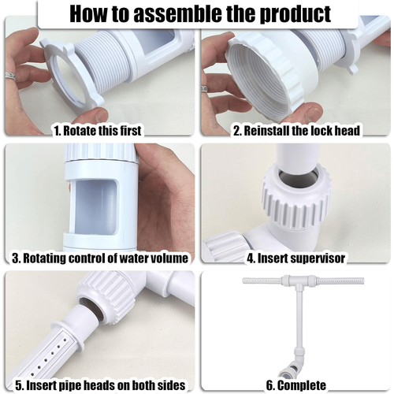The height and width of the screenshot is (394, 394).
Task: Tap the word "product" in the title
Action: coord(295,14)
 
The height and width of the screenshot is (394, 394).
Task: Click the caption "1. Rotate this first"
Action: coord(98,131)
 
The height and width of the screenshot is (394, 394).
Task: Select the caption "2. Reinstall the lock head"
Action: coord(296,131)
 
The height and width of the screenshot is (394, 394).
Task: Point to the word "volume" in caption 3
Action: coord(169,258)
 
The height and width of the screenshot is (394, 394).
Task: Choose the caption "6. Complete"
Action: coord(296,385)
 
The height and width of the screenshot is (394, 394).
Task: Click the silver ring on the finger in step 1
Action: coord(10,76)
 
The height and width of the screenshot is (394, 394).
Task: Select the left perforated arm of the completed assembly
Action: coord(262,281)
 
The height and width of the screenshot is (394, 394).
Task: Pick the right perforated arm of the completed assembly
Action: coord(340,281)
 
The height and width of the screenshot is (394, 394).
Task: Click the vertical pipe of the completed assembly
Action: coord(299,318)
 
